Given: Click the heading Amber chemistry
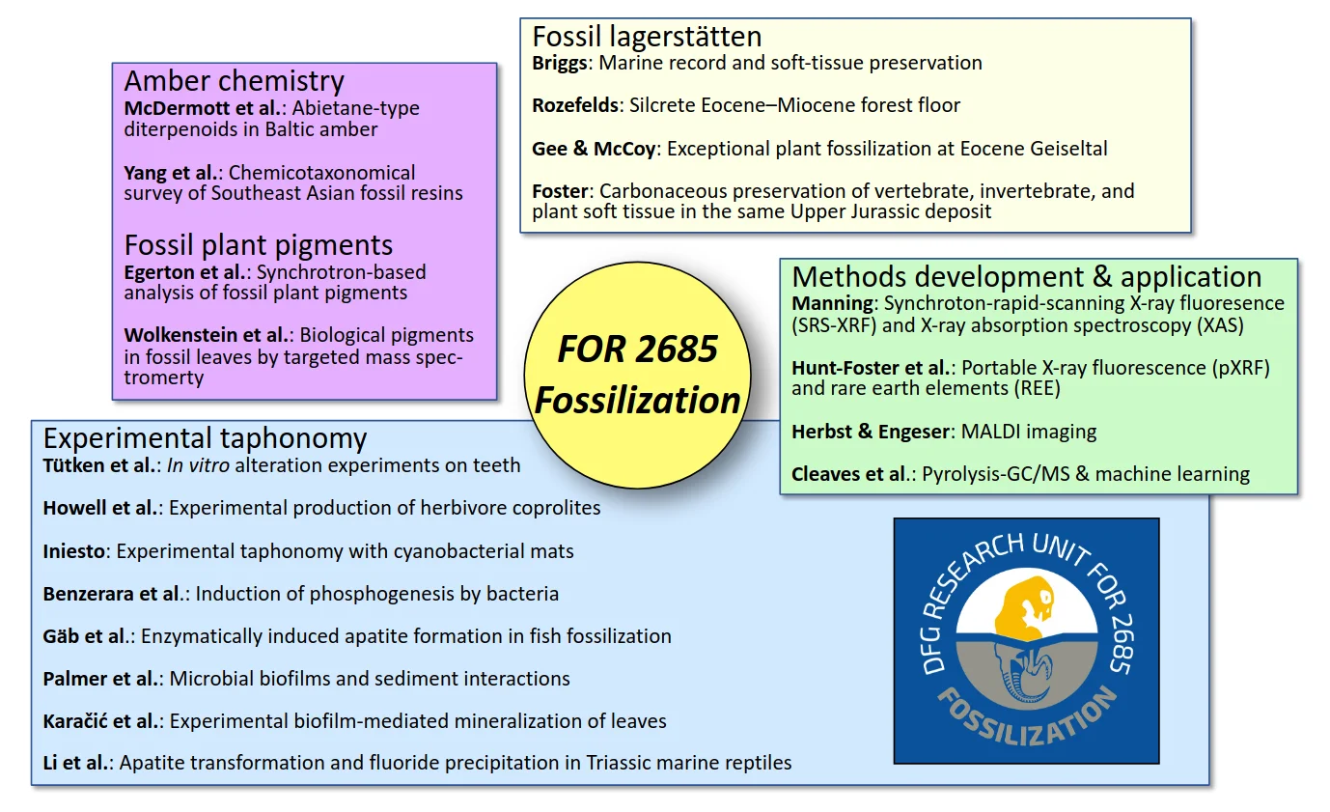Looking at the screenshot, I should tap(234, 81).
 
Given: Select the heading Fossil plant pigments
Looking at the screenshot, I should tap(258, 244).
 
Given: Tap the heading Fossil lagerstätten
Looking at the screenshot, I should tap(647, 37).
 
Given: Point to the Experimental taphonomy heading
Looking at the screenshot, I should tap(205, 438).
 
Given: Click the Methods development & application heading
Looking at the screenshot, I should tap(1026, 276).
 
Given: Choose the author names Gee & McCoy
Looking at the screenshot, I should tap(594, 149).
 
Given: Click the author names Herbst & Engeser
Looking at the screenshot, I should tap(871, 432).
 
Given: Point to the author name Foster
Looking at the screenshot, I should tap(559, 191).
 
